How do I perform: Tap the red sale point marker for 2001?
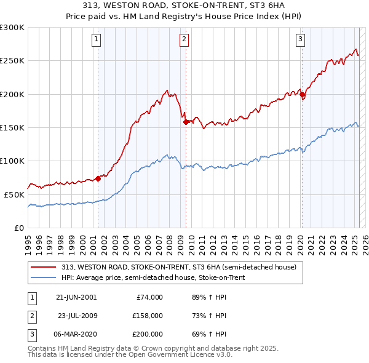pyautogui.click(x=98, y=178)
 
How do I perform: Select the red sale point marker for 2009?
pyautogui.click(x=186, y=122)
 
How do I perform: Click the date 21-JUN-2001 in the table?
pyautogui.click(x=76, y=297)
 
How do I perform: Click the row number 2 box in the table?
pyautogui.click(x=31, y=316)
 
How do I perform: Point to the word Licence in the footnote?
pyautogui.click(x=186, y=355)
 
